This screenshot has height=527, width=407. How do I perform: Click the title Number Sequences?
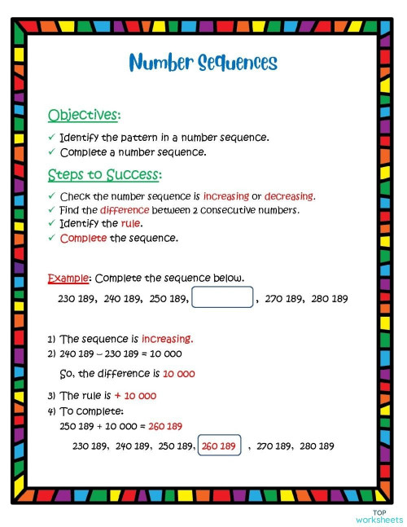[203, 63]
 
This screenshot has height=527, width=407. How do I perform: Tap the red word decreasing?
[289, 196]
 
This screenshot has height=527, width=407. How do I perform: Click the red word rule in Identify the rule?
[131, 223]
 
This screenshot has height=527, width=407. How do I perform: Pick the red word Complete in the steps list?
[83, 238]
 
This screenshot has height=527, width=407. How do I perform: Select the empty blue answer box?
[222, 297]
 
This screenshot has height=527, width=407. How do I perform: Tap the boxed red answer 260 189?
[219, 446]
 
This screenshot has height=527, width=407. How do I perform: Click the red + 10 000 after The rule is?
[135, 396]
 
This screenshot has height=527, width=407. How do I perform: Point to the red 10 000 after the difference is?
[178, 374]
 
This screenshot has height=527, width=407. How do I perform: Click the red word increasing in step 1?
[167, 339]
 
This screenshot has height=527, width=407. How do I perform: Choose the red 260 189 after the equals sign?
[165, 426]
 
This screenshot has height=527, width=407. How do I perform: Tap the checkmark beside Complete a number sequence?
[51, 152]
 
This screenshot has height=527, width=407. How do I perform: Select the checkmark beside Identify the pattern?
[51, 138]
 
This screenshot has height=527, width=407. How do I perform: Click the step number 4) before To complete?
[51, 411]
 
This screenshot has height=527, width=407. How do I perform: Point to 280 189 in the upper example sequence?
[330, 299]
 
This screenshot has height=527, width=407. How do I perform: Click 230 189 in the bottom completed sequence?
[91, 446]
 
